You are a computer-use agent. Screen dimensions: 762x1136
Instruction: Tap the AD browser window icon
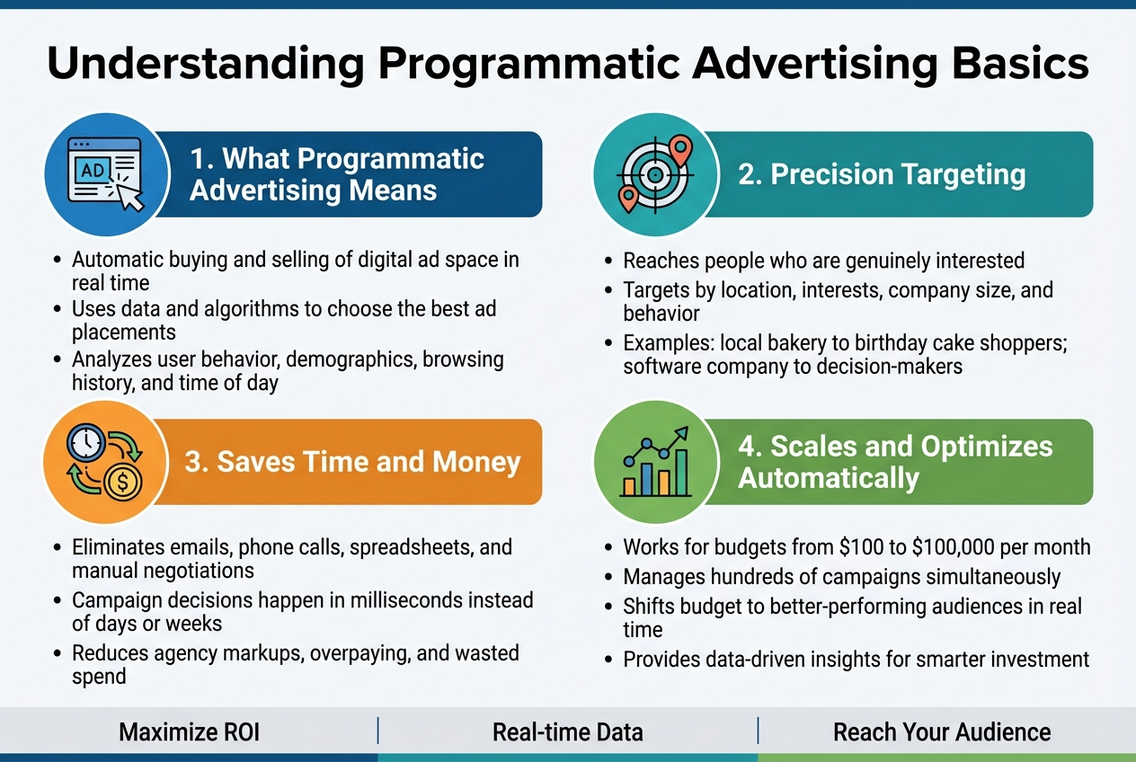click(x=106, y=173)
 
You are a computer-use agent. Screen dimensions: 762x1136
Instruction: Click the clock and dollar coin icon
click(x=106, y=461)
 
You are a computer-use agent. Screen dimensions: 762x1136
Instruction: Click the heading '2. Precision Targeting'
click(x=882, y=174)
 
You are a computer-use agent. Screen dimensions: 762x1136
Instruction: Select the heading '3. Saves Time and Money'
click(x=352, y=462)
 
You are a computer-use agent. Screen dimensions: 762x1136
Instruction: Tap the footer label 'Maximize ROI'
click(x=189, y=731)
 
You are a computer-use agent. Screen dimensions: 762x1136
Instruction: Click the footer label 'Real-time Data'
click(x=567, y=731)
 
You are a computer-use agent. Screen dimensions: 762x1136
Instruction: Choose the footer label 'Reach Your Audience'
click(x=942, y=731)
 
